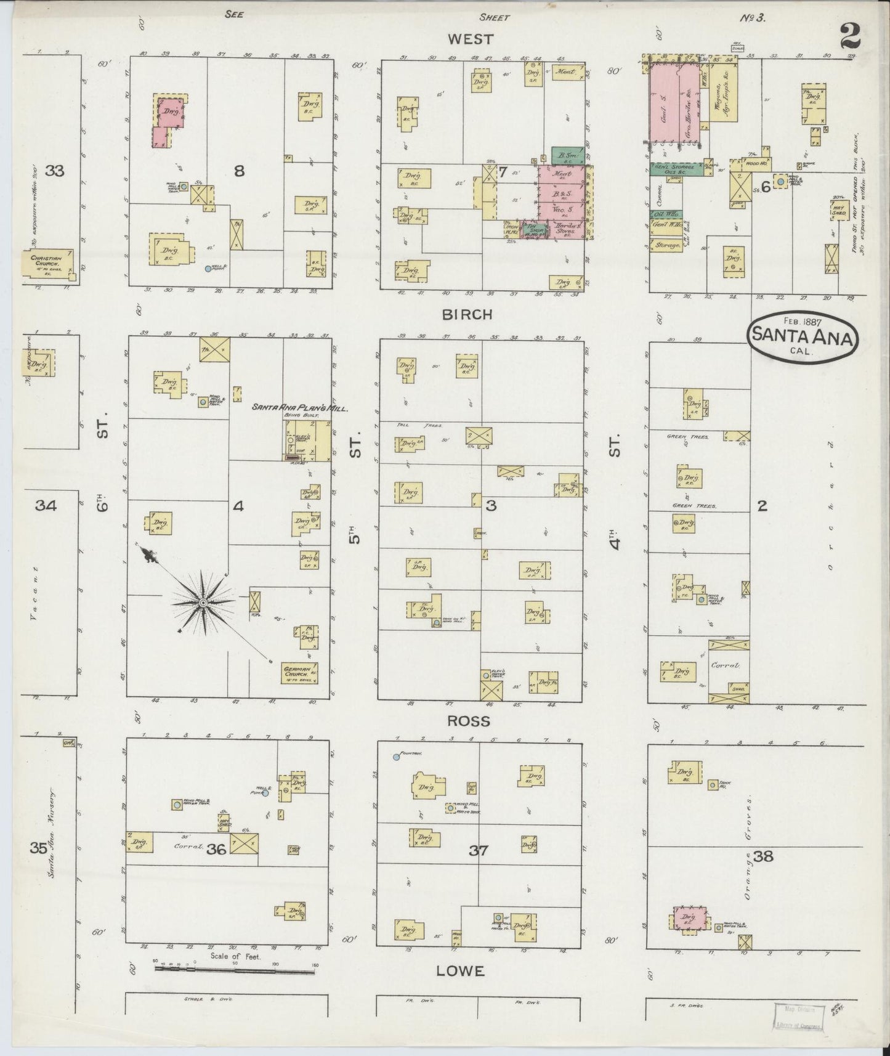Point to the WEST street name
tap(471, 39)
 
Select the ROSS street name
tap(469, 721)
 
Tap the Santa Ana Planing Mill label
tap(299, 408)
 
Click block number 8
tap(239, 171)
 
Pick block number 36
tap(217, 849)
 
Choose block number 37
tap(478, 851)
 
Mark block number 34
tap(46, 506)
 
